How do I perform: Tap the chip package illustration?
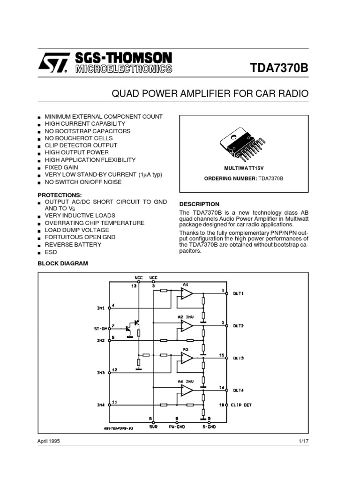point(244,143)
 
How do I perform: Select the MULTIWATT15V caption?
point(244,167)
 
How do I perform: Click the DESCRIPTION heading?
point(199,204)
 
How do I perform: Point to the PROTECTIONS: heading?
point(60,194)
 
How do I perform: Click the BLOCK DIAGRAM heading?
point(63,263)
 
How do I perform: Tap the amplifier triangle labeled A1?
point(186,293)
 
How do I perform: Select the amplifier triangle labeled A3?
point(186,358)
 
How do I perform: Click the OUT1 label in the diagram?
point(239,293)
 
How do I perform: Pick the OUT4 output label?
point(239,390)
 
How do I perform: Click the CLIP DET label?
point(242,405)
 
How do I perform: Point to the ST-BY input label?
point(101,329)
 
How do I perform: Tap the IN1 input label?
point(101,308)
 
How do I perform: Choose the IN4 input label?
point(101,405)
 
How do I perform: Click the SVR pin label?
point(153,427)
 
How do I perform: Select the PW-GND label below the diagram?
point(177,427)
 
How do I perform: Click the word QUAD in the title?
point(124,94)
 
